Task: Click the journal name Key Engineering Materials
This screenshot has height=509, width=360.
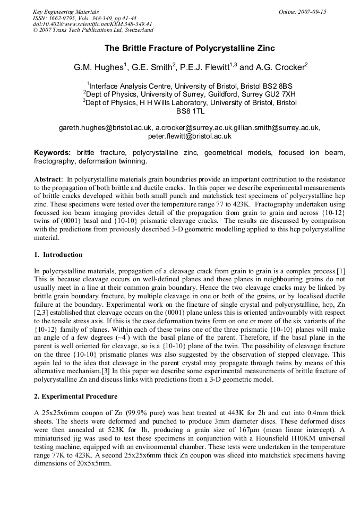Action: pyautogui.click(x=66, y=12)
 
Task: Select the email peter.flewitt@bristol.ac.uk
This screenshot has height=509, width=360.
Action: pyautogui.click(x=190, y=136)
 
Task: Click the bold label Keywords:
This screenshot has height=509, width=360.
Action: pyautogui.click(x=53, y=153)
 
